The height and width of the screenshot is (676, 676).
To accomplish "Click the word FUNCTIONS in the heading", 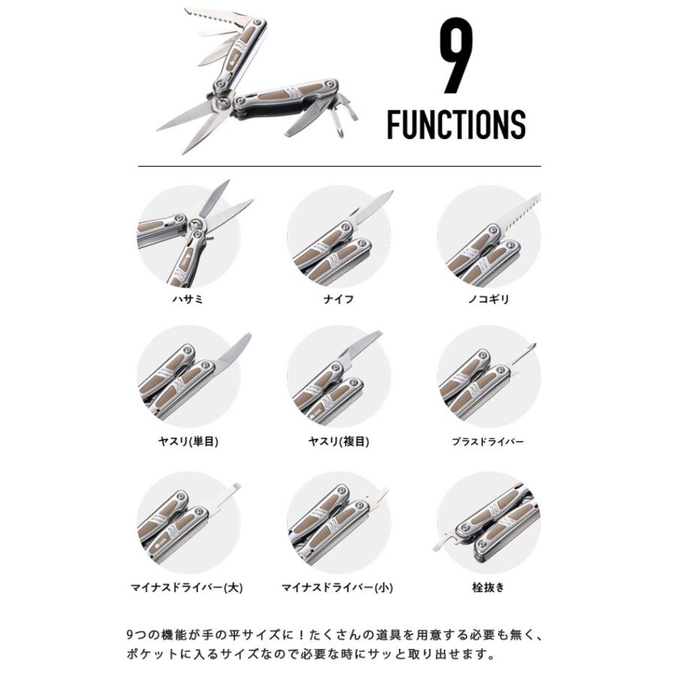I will pos(456,125).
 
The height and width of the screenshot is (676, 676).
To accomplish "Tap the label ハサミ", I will pos(188,299).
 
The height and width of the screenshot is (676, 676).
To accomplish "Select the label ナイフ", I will pos(338,299).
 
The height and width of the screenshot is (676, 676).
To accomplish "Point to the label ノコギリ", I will pos(488,299).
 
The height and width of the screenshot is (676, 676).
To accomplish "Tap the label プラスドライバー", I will pos(488,442).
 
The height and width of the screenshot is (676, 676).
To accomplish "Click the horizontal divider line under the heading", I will pos(338,165).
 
